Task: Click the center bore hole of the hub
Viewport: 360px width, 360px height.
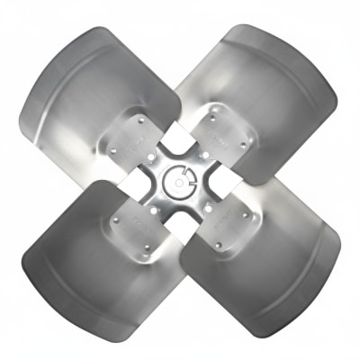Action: click(x=181, y=182)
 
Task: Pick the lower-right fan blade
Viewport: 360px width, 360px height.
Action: click(x=270, y=270)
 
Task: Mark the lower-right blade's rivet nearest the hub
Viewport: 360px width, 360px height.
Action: click(x=209, y=209)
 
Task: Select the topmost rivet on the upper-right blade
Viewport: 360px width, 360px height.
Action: click(x=213, y=116)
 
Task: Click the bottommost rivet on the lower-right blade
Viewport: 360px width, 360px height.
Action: click(x=218, y=244)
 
